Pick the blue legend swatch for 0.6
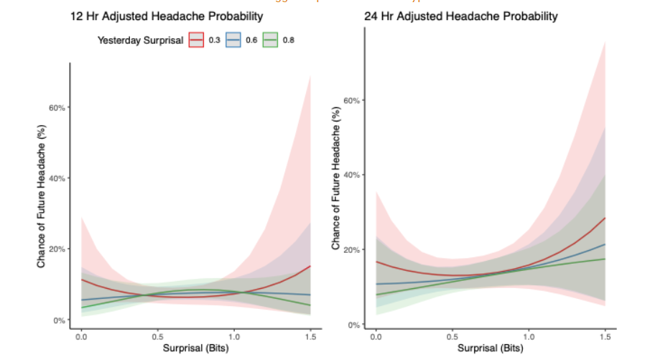[x=235, y=41]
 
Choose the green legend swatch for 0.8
[x=272, y=41]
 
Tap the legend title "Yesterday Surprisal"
[x=140, y=41]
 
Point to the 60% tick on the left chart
[x=57, y=108]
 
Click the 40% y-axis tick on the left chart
[x=57, y=178]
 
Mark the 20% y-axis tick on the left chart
[x=57, y=249]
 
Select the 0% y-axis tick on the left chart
[x=59, y=320]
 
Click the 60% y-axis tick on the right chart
[x=352, y=101]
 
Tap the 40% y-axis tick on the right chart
[x=352, y=175]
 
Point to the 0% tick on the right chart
[x=354, y=326]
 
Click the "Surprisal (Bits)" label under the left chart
[x=195, y=349]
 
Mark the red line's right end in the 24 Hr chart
[x=605, y=218]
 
